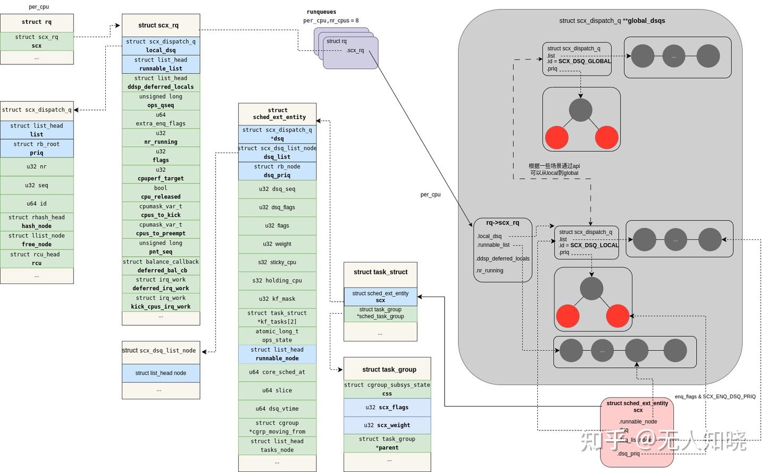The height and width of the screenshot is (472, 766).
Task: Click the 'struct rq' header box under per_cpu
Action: (x=37, y=22)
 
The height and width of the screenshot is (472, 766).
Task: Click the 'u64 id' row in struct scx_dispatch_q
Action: (x=37, y=204)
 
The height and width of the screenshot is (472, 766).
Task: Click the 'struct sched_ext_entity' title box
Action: (x=277, y=114)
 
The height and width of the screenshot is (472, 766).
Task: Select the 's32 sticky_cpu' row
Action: (x=277, y=262)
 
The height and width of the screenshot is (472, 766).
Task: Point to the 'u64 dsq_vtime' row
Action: (x=277, y=409)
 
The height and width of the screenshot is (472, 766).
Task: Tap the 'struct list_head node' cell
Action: (x=161, y=373)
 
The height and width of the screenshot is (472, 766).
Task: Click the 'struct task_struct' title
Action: (x=380, y=272)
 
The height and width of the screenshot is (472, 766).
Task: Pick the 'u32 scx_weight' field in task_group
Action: (x=387, y=425)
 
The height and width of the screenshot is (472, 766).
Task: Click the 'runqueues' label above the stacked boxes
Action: (x=321, y=12)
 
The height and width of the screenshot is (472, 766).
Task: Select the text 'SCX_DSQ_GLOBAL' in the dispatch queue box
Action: (x=585, y=61)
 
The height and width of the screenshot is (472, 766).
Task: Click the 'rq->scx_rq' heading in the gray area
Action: (x=502, y=223)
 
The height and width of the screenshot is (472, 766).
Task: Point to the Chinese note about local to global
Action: (x=554, y=170)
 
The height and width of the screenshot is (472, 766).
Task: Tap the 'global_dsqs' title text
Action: (x=646, y=21)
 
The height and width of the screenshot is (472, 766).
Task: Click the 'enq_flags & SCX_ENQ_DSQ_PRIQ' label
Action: (x=715, y=397)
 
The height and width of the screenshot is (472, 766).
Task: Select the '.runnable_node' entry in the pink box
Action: (x=638, y=422)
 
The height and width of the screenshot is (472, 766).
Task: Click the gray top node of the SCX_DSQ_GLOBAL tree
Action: (x=580, y=110)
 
